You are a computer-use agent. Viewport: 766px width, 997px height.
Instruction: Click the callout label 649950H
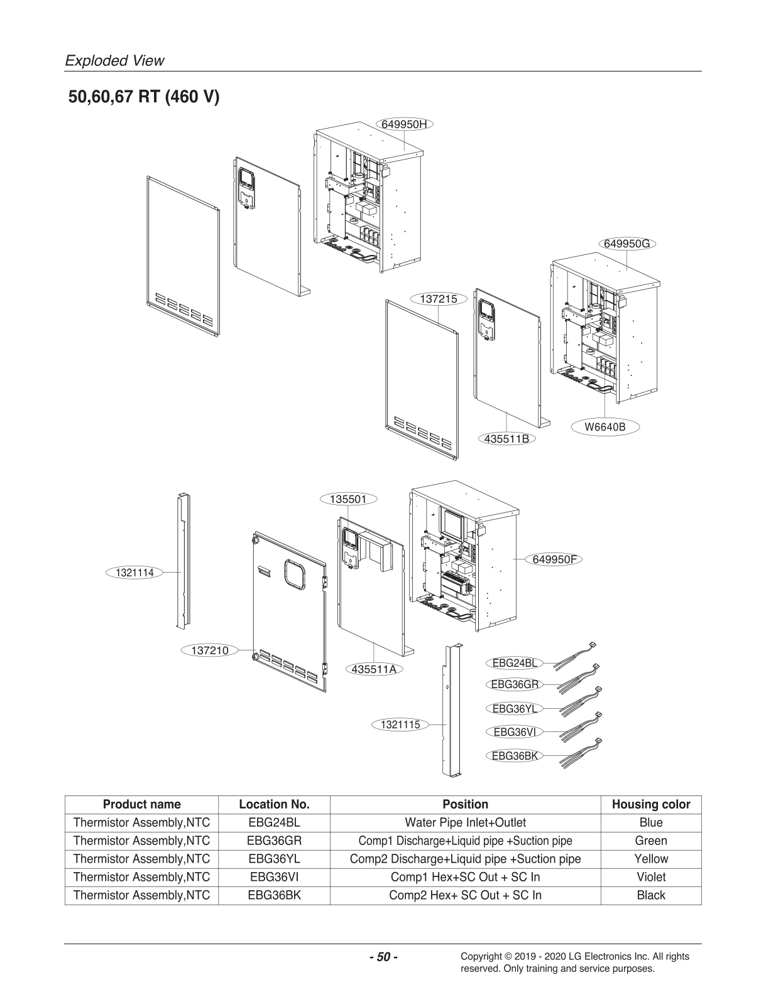[404, 124]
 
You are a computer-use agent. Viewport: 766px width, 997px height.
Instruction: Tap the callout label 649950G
[626, 244]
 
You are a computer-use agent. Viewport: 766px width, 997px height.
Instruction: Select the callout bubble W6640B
[605, 428]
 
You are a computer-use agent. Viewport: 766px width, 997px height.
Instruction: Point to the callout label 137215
[439, 299]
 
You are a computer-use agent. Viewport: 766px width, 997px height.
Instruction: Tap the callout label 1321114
[134, 572]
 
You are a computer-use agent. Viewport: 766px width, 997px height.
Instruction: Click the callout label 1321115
[400, 725]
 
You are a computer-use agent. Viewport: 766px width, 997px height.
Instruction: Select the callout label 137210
[210, 650]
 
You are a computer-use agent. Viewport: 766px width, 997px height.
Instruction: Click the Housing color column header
[650, 804]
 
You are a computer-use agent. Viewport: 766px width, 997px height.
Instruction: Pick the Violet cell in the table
[650, 877]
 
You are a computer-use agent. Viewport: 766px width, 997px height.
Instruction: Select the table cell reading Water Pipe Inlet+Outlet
[465, 822]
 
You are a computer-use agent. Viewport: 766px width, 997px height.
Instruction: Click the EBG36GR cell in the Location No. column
[274, 841]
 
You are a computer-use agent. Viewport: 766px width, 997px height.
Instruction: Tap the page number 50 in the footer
[383, 957]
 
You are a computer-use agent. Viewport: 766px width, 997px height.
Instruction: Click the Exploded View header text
[115, 61]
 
